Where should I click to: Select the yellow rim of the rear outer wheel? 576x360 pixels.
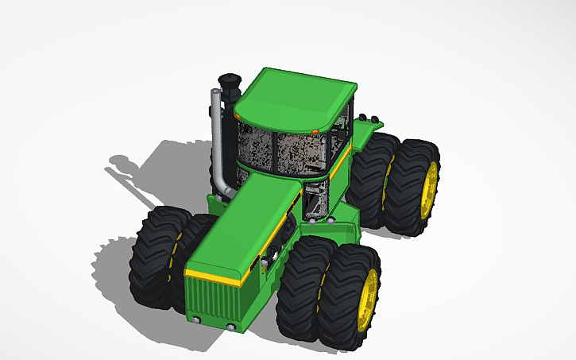click(x=430, y=190)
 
